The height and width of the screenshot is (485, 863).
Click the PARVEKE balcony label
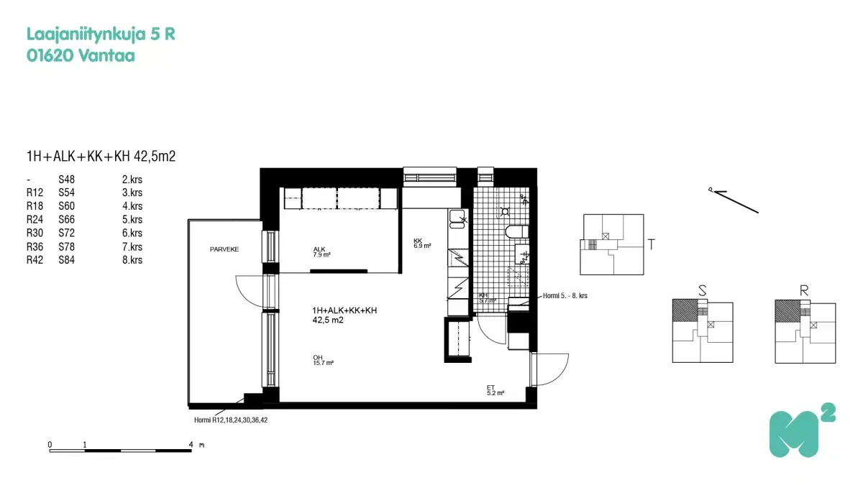point(224,249)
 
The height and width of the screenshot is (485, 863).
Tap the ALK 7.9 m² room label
point(320,251)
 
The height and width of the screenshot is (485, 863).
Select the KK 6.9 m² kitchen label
point(421,243)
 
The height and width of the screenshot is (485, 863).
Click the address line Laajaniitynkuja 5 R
point(101,34)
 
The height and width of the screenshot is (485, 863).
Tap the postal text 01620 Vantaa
point(80,55)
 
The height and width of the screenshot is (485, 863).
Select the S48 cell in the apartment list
point(67,179)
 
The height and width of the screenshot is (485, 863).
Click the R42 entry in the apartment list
point(35,260)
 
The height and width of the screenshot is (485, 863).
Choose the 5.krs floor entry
point(132,220)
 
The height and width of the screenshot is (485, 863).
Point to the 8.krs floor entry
point(132,260)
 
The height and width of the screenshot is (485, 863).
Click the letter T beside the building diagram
point(651,244)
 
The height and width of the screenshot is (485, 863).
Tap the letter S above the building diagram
point(702,291)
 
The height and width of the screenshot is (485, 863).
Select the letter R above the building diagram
point(804,291)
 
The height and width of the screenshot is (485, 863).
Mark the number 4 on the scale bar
point(191,445)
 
